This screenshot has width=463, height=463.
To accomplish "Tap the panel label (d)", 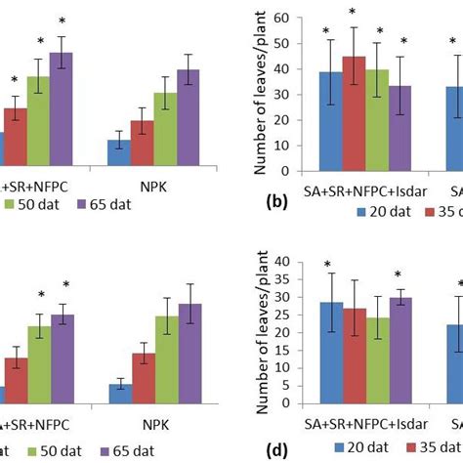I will coord(276,447).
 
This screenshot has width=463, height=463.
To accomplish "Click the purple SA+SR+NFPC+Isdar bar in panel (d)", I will coord(400,351).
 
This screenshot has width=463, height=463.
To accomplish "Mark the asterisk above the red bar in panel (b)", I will coord(354,14).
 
